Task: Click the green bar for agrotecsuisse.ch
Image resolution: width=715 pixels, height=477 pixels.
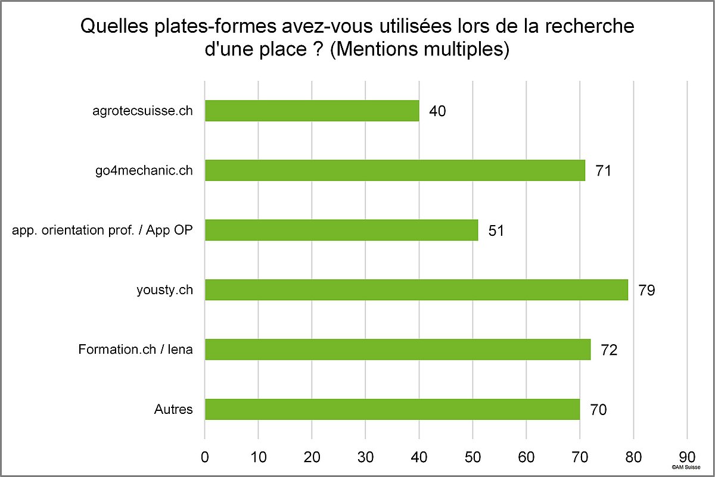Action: (312, 111)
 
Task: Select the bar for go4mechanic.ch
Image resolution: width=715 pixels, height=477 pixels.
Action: (394, 170)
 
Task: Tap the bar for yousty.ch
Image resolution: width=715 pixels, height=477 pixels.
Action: (416, 290)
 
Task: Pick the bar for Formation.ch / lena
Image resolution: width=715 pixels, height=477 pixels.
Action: (397, 350)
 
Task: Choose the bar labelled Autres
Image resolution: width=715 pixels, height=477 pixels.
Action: (392, 409)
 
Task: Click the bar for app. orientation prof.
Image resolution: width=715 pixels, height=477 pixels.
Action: (341, 230)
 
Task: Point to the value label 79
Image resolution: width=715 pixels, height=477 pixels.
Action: (646, 291)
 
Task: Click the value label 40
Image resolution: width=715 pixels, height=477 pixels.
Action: (437, 111)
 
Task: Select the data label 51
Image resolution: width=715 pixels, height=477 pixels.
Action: (496, 230)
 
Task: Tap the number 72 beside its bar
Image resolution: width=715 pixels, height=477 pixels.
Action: (608, 350)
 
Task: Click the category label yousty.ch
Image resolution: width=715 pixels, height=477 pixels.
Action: (164, 290)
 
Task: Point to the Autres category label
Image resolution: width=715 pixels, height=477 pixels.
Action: (173, 409)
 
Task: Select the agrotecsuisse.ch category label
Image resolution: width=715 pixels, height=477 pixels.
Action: (144, 111)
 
